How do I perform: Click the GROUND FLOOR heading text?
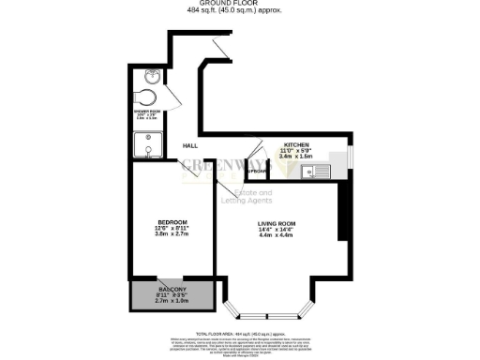(x=239, y=5)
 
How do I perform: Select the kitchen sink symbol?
(x=317, y=171)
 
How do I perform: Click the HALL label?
(x=189, y=145)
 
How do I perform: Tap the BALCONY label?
(x=171, y=288)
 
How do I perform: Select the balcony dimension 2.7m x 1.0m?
(x=171, y=301)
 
